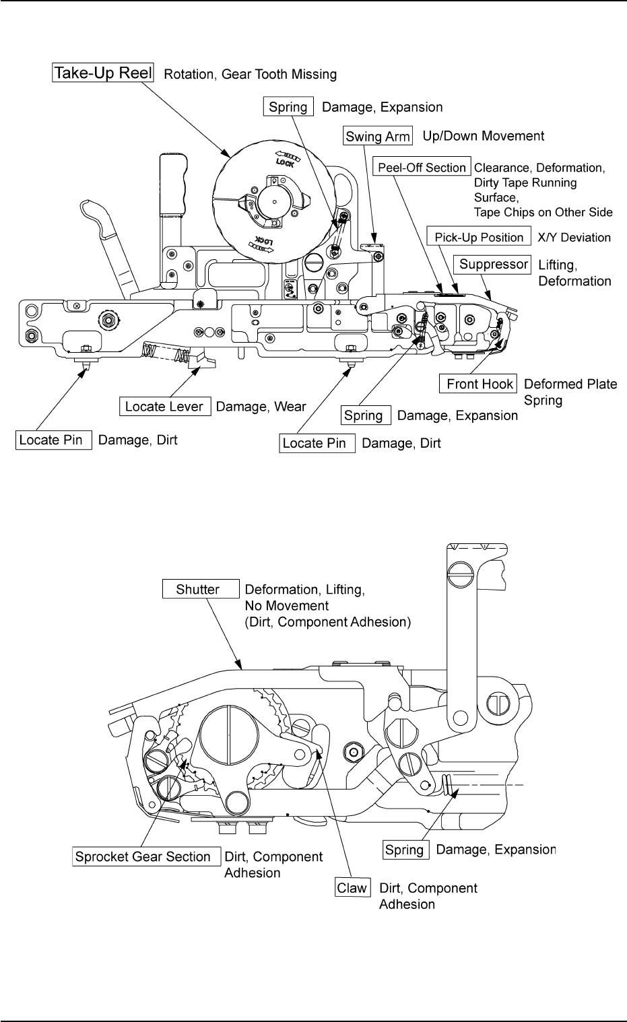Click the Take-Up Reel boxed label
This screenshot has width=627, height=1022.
point(104,73)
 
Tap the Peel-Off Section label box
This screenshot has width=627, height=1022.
point(422,168)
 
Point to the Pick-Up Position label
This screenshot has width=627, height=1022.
point(479,237)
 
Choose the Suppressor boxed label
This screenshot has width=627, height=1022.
point(493,264)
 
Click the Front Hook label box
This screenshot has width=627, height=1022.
point(480,384)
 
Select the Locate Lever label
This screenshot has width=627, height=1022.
point(164,406)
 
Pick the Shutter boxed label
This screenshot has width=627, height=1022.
point(200,589)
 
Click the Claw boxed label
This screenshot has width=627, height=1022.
point(352,887)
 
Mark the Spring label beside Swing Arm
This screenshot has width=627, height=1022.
point(288,107)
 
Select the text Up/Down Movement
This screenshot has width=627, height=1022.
point(483,136)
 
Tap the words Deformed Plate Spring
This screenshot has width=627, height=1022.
point(570,392)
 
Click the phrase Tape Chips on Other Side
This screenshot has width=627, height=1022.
point(543,212)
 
